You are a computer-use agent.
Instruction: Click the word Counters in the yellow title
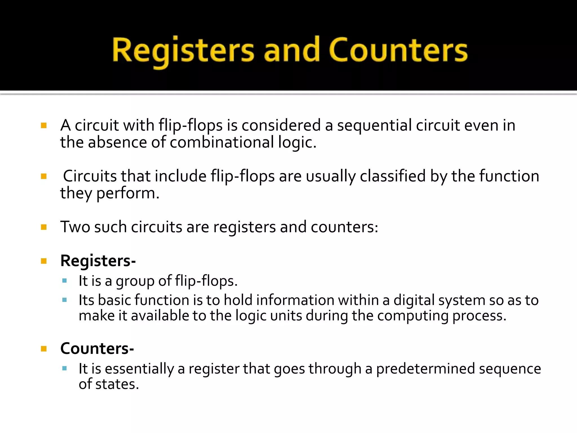(398, 50)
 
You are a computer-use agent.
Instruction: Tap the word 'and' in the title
(292, 50)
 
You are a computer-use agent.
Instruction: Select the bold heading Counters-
(97, 349)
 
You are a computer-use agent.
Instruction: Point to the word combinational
(222, 142)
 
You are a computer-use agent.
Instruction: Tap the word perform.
(128, 194)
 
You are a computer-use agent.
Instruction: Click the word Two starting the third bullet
(75, 227)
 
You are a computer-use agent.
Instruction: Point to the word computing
(413, 316)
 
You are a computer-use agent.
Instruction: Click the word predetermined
(425, 369)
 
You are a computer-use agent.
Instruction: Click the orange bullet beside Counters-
(44, 349)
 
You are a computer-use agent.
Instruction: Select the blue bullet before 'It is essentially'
(65, 368)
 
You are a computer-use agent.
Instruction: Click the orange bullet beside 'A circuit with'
(44, 125)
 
